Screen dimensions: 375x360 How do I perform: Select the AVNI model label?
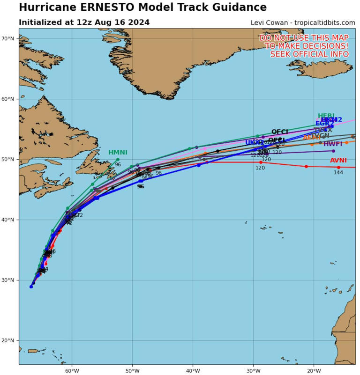click(338, 161)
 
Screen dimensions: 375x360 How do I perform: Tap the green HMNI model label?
click(118, 153)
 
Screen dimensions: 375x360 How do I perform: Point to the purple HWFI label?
click(333, 144)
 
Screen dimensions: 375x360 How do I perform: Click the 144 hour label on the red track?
click(338, 173)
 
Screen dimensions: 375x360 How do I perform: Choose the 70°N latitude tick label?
click(9, 39)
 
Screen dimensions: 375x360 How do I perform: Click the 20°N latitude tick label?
click(9, 340)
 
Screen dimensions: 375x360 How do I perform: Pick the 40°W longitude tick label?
click(193, 369)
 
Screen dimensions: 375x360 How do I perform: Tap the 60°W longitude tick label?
click(72, 369)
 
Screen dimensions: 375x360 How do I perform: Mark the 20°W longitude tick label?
click(314, 369)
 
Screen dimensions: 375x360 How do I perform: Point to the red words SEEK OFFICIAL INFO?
click(309, 54)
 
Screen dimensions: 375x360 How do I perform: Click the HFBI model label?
click(326, 116)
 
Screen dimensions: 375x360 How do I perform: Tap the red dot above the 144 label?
click(338, 167)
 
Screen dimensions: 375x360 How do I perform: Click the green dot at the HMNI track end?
click(118, 159)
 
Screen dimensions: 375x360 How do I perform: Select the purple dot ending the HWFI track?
click(333, 151)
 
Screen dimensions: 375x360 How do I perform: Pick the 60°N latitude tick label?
click(9, 99)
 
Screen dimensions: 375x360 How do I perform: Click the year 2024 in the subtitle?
click(139, 22)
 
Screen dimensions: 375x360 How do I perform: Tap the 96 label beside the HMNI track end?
click(118, 165)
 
